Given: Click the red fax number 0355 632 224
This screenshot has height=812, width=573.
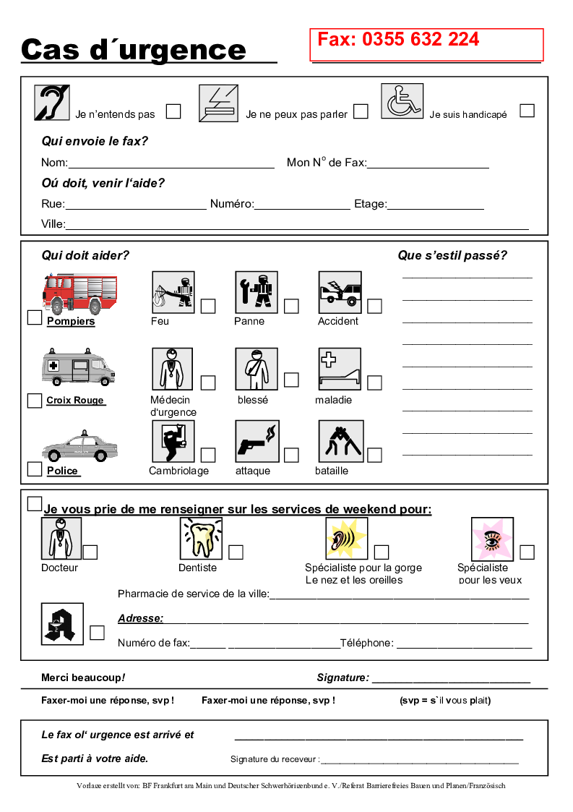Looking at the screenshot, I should (398, 40).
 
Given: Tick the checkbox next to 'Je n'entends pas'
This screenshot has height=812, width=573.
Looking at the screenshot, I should (173, 111).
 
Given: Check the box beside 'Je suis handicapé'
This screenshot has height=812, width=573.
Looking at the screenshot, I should (527, 111).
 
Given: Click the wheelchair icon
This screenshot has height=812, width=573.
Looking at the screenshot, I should (402, 101).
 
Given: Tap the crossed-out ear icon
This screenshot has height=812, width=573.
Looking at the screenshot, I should (52, 102).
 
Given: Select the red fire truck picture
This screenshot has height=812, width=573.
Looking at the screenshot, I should (79, 293).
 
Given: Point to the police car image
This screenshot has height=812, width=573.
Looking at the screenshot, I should (79, 446).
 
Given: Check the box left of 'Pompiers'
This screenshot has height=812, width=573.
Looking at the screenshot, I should (34, 317).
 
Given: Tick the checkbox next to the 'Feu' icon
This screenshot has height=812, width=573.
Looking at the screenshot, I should (208, 306).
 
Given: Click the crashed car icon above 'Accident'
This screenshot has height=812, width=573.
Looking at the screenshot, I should (340, 292).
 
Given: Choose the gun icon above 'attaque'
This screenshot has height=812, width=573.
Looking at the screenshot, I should (257, 441).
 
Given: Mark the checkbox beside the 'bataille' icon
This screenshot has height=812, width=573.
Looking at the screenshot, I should (374, 455).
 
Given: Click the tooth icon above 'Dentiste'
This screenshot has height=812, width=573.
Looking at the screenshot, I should (201, 539).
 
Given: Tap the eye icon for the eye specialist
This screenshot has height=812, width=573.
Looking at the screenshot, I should (492, 539).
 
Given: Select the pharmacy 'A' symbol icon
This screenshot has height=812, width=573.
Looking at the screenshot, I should (63, 623).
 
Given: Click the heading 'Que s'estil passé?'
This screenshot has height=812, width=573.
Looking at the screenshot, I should (452, 255).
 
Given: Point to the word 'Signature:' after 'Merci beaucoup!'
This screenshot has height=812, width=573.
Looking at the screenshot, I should (342, 678).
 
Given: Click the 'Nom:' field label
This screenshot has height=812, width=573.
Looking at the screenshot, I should (54, 163).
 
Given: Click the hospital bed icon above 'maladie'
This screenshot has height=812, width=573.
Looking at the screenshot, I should (340, 369).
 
